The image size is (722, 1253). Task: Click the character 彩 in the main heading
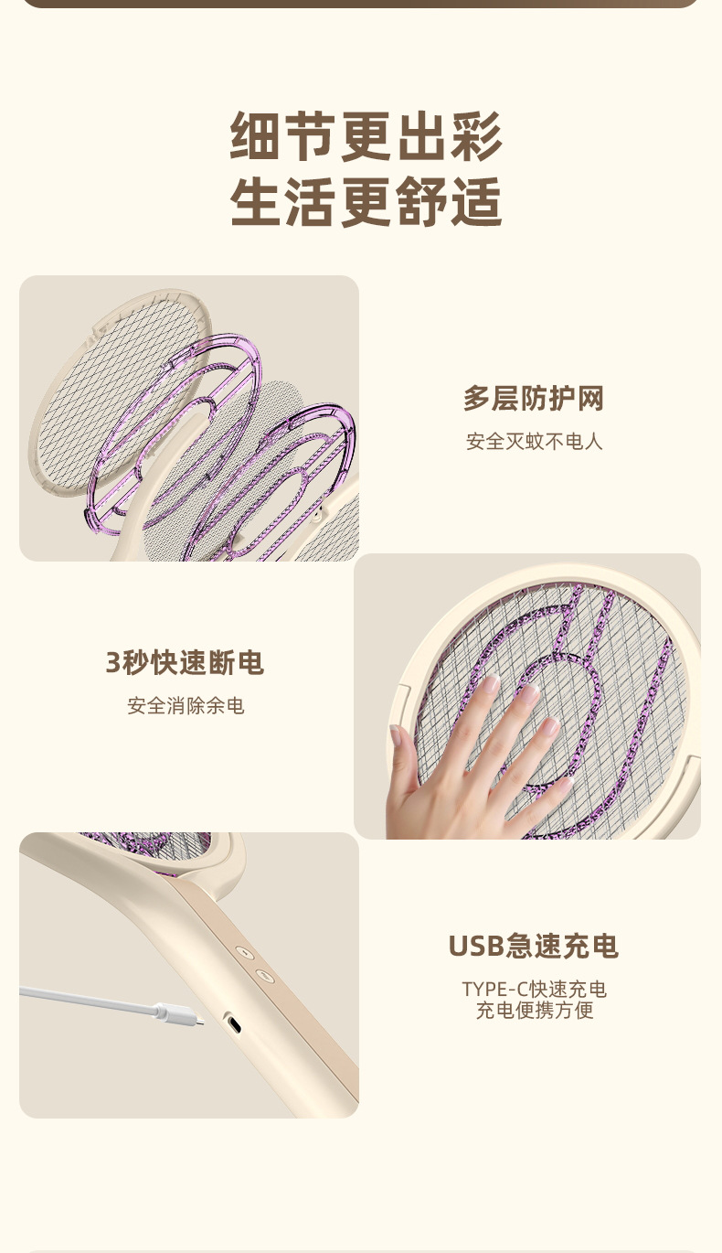(x=476, y=136)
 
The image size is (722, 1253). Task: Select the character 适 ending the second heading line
(x=476, y=202)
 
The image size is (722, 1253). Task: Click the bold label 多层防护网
(x=534, y=399)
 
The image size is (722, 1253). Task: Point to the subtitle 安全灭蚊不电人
(x=535, y=442)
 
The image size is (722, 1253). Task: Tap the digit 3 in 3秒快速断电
(x=113, y=663)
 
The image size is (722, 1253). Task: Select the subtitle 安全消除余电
(x=186, y=706)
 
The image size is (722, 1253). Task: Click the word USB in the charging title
(x=476, y=946)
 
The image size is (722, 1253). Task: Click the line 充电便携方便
(x=535, y=1011)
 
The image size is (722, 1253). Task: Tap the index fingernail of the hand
(x=490, y=684)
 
